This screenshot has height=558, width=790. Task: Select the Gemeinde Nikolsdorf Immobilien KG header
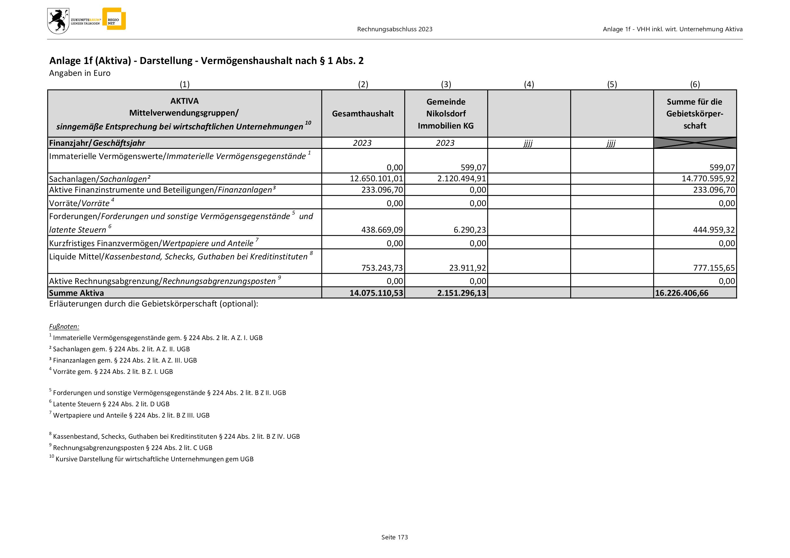[x=446, y=114]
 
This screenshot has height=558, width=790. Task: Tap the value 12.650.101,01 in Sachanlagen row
[x=376, y=179]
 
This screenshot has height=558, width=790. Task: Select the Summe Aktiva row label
[x=76, y=293]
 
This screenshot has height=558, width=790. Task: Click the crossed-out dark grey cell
[x=695, y=143]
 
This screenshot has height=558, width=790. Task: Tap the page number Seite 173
[x=394, y=537]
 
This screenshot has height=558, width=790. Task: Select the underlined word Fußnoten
[x=64, y=327]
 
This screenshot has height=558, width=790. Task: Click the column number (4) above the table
[x=529, y=84]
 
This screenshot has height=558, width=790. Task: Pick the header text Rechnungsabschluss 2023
[x=395, y=29]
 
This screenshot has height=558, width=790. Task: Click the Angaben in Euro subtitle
[x=80, y=73]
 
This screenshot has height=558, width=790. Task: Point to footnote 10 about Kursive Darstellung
[x=152, y=459]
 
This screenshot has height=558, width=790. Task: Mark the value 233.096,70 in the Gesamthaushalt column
[x=382, y=190]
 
